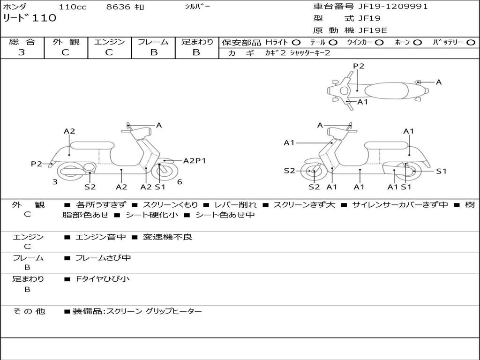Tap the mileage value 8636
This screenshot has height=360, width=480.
tap(118, 7)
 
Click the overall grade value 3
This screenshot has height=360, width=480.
tap(22, 52)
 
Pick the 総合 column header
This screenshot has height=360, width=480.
tap(22, 42)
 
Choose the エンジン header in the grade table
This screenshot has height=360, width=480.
tap(109, 42)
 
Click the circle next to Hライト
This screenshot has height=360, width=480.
tap(296, 43)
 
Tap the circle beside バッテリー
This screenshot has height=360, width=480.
tap(471, 43)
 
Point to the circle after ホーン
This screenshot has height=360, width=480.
tap(418, 43)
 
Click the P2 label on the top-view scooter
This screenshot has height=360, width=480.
tap(359, 66)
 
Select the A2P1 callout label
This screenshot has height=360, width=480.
tap(195, 161)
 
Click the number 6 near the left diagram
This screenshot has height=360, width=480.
tap(180, 182)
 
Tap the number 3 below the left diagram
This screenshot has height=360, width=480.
tap(55, 182)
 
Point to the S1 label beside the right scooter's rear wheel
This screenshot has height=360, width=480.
tap(441, 171)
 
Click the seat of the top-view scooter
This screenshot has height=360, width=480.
tap(389, 90)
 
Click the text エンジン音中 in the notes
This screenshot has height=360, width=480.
tap(101, 237)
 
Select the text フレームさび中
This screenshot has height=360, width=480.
tap(103, 258)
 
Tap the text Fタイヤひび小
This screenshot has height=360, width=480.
tap(103, 279)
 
